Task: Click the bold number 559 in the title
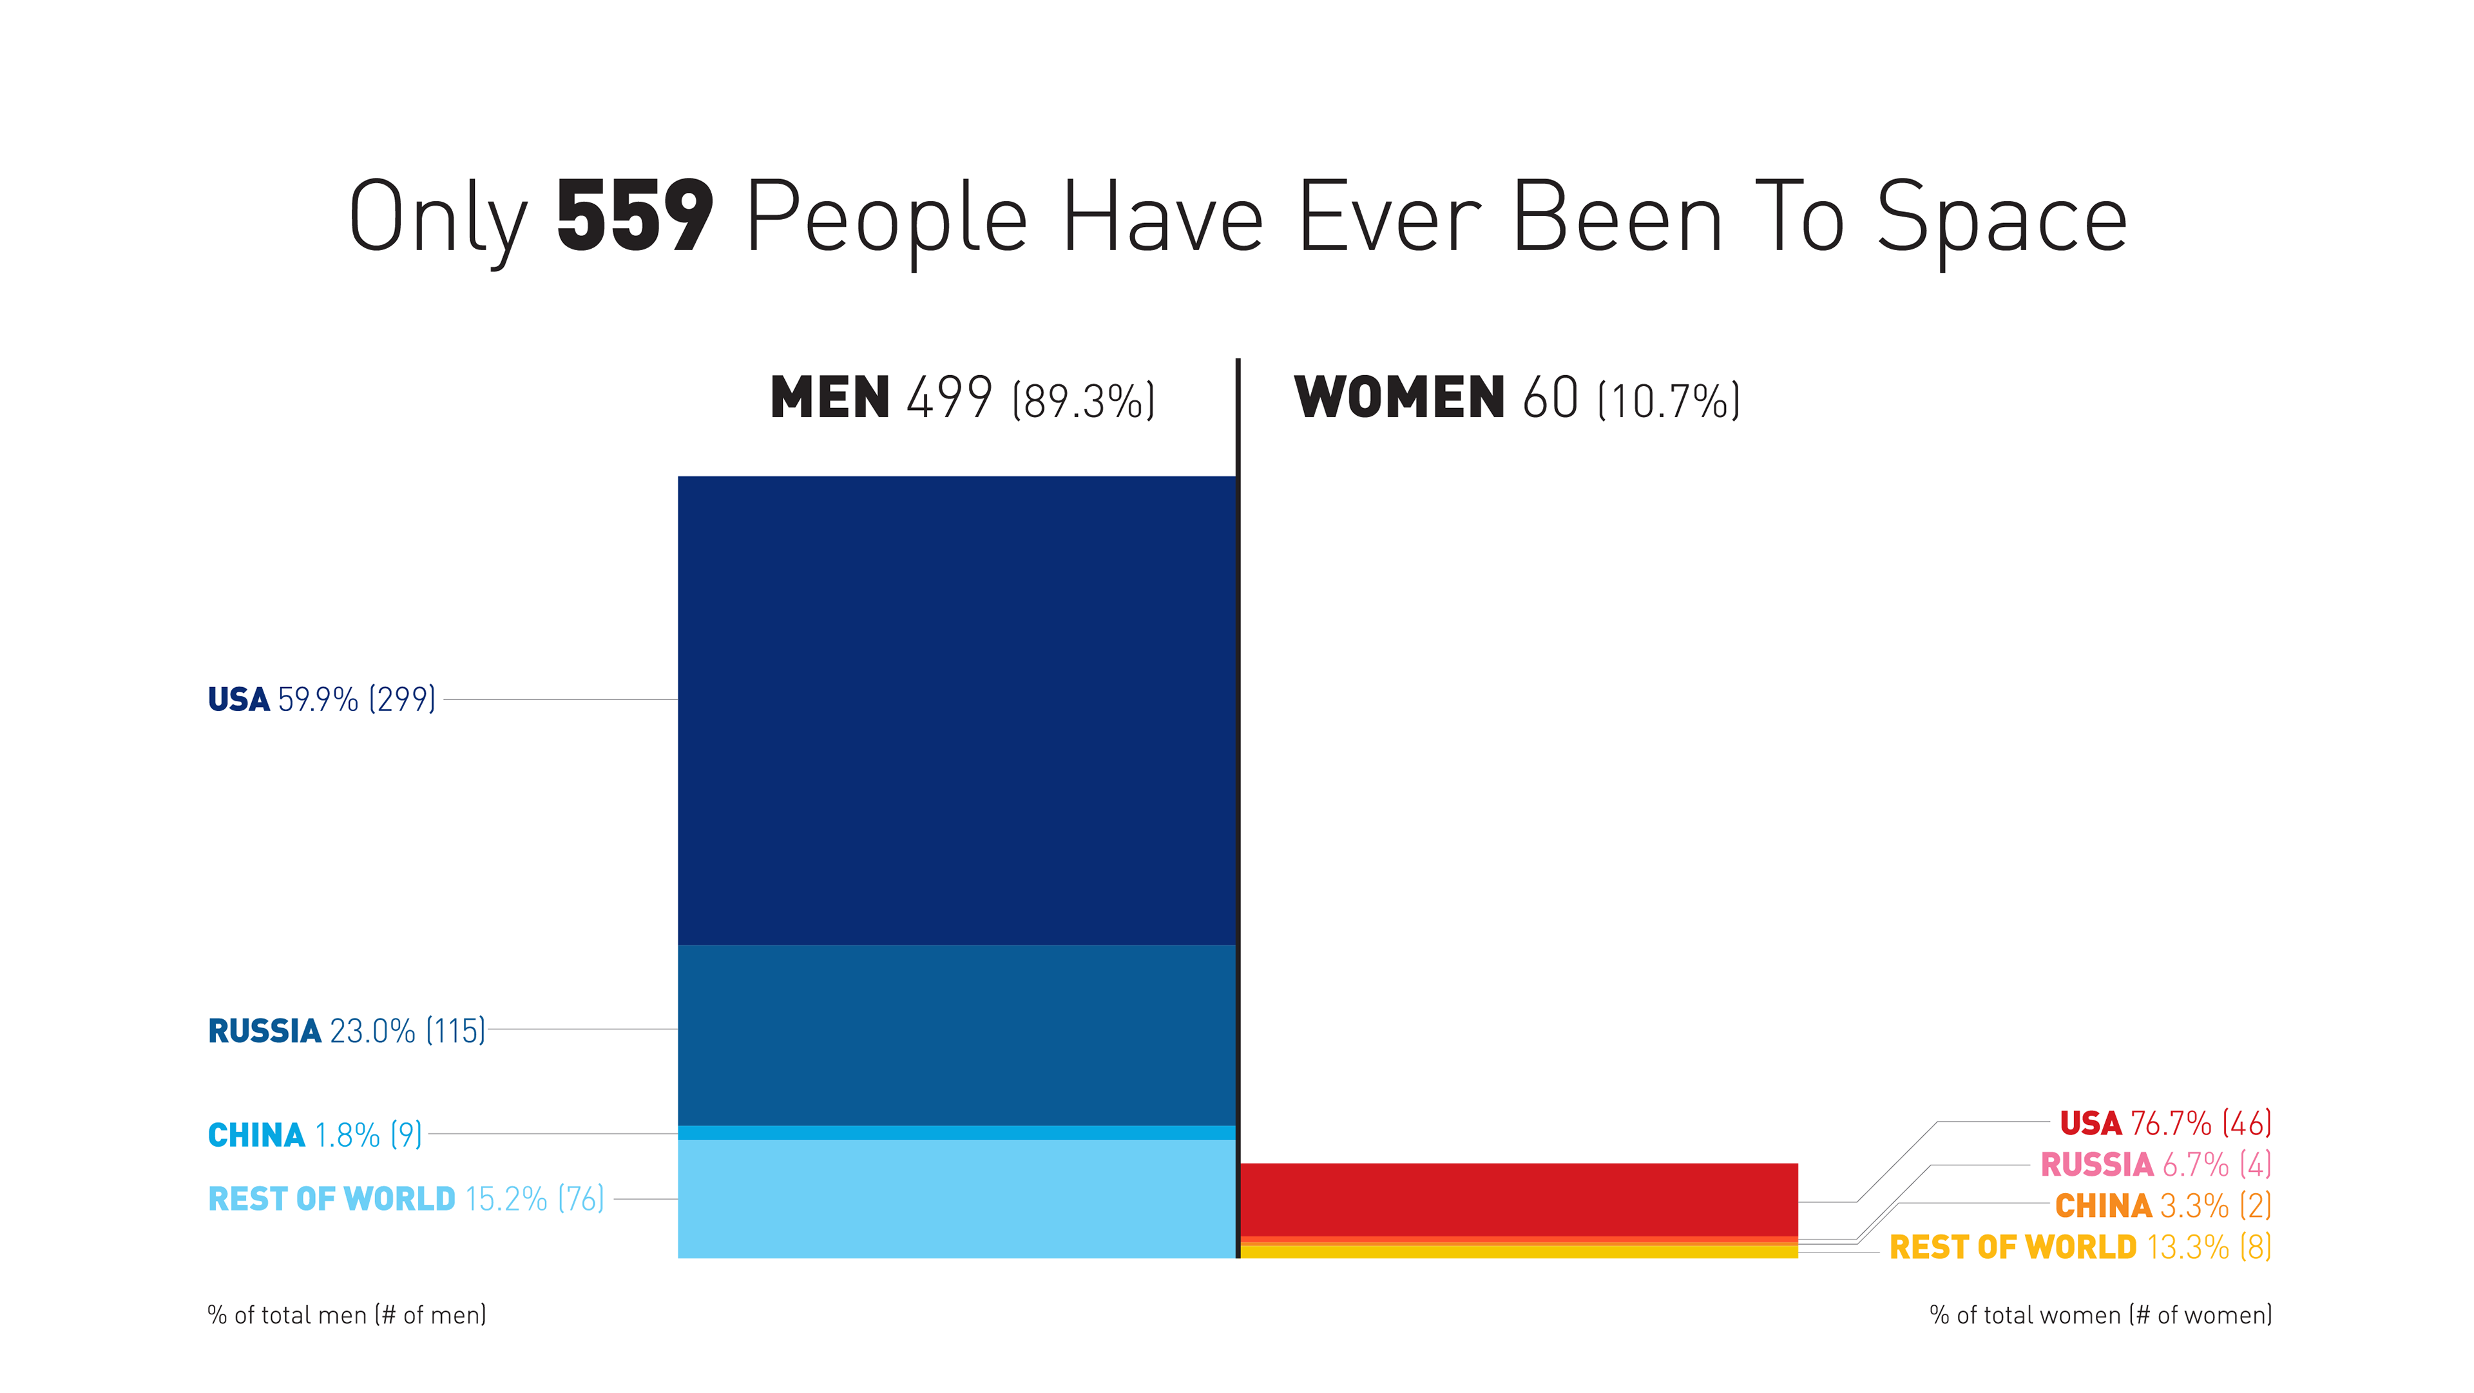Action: click(635, 217)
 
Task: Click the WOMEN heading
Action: click(1398, 398)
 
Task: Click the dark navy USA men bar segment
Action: click(957, 711)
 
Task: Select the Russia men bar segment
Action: click(957, 1035)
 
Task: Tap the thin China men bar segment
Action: click(957, 1133)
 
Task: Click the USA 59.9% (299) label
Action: click(321, 699)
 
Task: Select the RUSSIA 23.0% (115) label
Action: click(347, 1031)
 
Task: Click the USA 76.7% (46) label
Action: click(2165, 1123)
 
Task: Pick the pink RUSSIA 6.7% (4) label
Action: click(2155, 1164)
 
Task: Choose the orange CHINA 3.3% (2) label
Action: click(2163, 1205)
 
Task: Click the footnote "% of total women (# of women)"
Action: click(2100, 1315)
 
